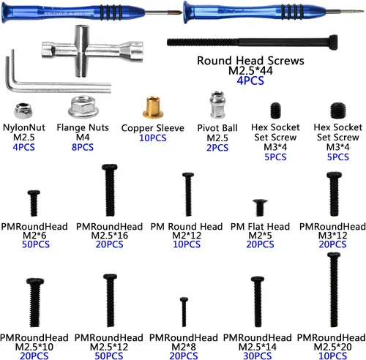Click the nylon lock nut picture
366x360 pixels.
coord(23,110)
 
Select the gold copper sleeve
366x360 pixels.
coord(153,108)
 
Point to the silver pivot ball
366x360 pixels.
coord(217,105)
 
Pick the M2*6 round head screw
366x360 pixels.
coord(34,203)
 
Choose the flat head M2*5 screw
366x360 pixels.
coord(260,208)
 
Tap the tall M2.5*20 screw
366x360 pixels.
coord(334,290)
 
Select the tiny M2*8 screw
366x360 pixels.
coord(184,312)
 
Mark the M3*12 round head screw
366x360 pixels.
coord(334,194)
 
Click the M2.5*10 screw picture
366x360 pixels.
coord(35,302)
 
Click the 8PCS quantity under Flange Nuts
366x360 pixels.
coord(83,147)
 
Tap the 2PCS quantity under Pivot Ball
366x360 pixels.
coord(217,148)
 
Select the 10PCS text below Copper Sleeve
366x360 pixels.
coord(153,138)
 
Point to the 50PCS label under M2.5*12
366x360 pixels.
coord(109,356)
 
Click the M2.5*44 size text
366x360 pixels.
coord(250,71)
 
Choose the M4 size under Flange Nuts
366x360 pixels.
coord(83,138)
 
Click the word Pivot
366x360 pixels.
coord(208,128)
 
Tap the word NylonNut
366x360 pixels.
coord(24,127)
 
